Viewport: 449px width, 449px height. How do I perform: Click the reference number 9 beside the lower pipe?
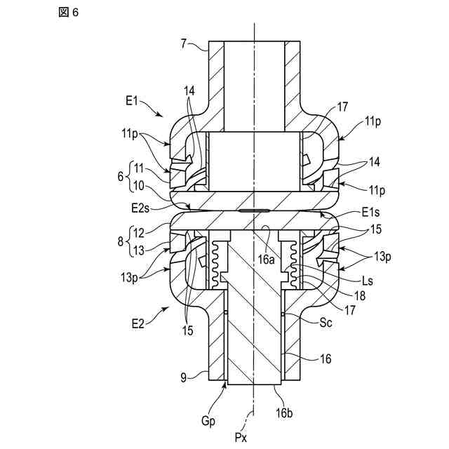(x=185, y=378)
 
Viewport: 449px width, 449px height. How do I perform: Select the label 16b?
(x=284, y=412)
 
